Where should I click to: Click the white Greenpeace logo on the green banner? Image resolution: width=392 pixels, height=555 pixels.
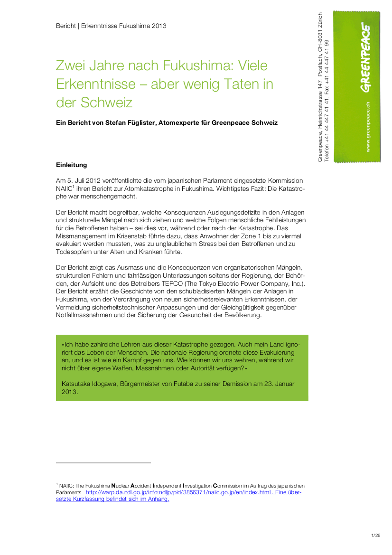pyautogui.click(x=365, y=57)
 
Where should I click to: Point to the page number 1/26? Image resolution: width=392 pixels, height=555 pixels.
pyautogui.click(x=376, y=536)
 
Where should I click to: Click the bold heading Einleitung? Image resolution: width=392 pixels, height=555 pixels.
pyautogui.click(x=72, y=165)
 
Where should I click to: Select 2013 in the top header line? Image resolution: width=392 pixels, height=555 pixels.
pyautogui.click(x=158, y=26)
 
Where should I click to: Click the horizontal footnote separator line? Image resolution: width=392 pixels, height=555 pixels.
pyautogui.click(x=103, y=462)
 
